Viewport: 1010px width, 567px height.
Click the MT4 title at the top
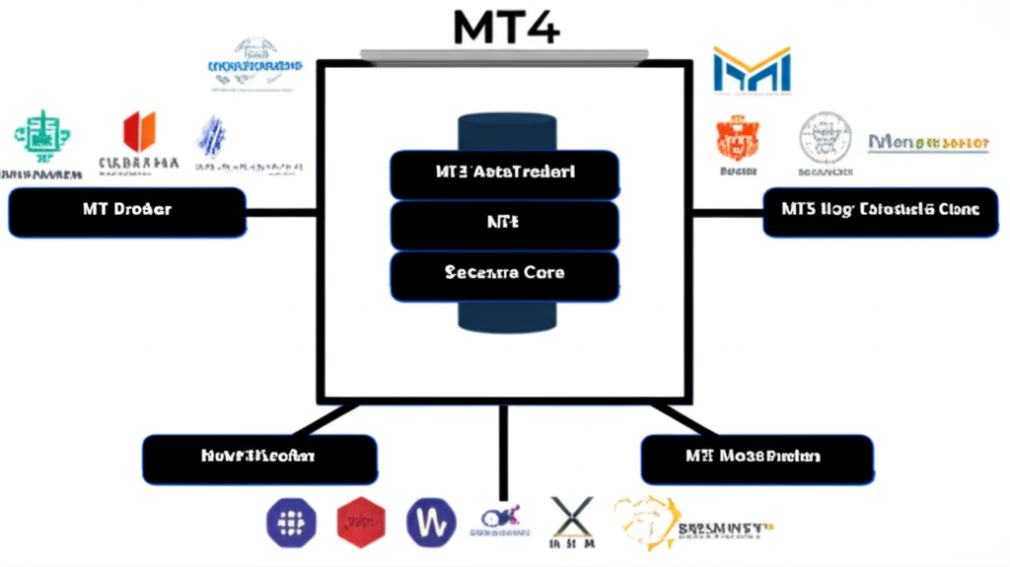coord(505,27)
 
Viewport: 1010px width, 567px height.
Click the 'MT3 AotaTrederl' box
coord(504,175)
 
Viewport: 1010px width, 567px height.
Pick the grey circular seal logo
coord(825,137)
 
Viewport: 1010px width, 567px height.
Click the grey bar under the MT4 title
coord(504,54)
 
